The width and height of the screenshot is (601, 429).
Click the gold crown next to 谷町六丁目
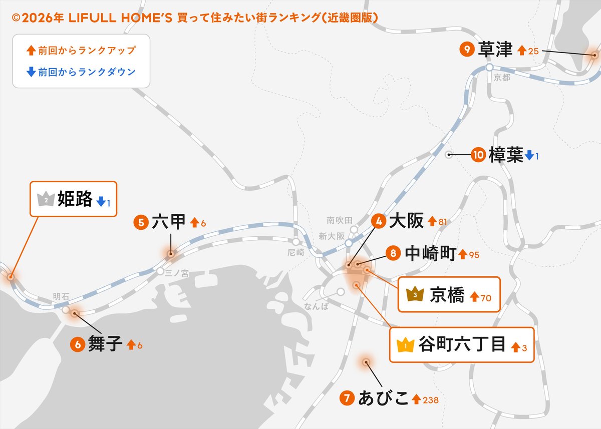[405, 345]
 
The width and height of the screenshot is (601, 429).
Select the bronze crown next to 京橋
[415, 295]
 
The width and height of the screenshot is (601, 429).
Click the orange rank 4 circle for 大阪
[379, 221]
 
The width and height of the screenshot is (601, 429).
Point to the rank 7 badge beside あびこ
[347, 398]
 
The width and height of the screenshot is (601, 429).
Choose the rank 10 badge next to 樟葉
[478, 155]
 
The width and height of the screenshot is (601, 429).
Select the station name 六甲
[168, 222]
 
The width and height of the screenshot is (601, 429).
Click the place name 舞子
[105, 344]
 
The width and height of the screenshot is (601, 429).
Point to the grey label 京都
[501, 78]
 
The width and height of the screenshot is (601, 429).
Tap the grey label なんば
[316, 306]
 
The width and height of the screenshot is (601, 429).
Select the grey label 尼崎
[296, 252]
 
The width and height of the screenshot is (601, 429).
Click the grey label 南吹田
[340, 220]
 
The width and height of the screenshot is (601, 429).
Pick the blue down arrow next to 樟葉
[529, 155]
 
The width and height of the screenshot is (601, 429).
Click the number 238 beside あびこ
[431, 400]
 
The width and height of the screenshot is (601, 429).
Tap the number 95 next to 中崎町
[474, 255]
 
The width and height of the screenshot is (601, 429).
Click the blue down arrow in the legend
[31, 72]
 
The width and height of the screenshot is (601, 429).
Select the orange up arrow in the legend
[31, 50]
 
